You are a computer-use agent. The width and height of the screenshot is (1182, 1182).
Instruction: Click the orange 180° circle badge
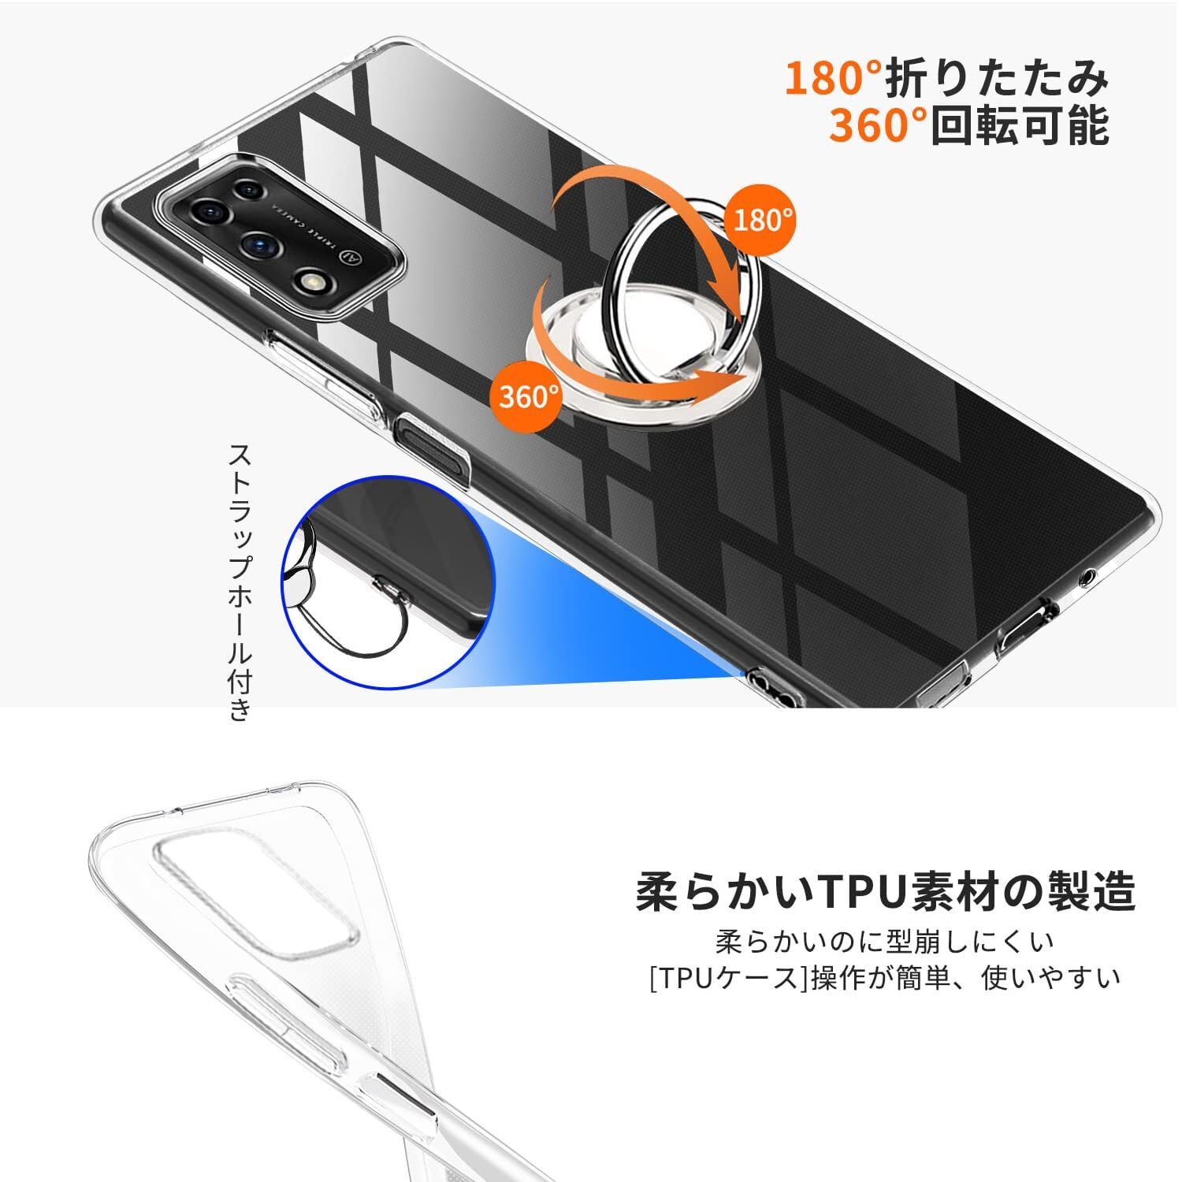click(x=763, y=220)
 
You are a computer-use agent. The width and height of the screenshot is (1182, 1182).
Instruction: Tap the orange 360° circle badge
click(x=529, y=396)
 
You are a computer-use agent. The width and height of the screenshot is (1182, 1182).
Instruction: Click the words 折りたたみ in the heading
click(x=998, y=78)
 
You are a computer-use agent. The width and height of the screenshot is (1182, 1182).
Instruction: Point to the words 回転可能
click(x=1020, y=125)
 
